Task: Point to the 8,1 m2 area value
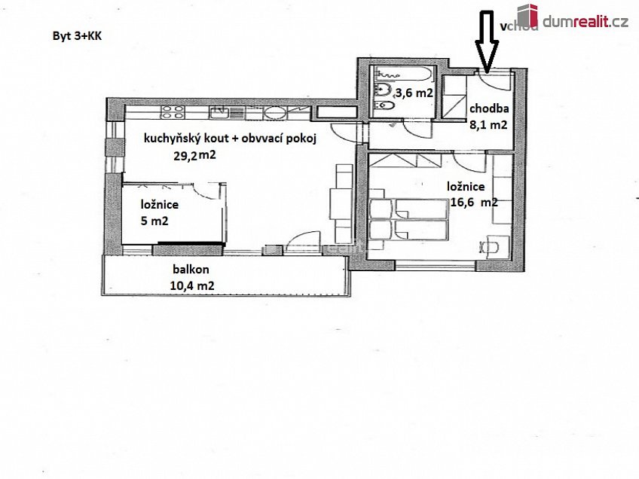coord(488,126)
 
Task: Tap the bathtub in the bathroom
coord(404,75)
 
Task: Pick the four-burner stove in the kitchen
coord(173,113)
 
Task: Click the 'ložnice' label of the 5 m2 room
coord(159,204)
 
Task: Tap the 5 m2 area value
coord(154,221)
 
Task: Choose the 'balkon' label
coord(191,269)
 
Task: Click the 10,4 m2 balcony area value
coord(192,285)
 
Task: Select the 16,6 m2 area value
coord(472,203)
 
